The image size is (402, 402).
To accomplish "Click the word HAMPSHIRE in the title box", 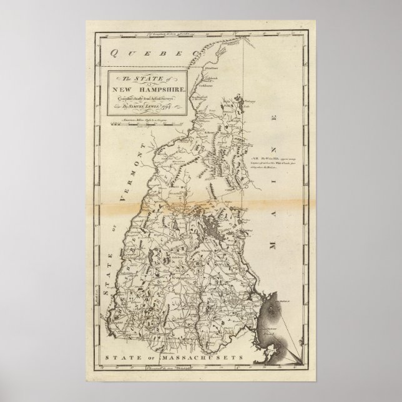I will pos(154,89).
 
